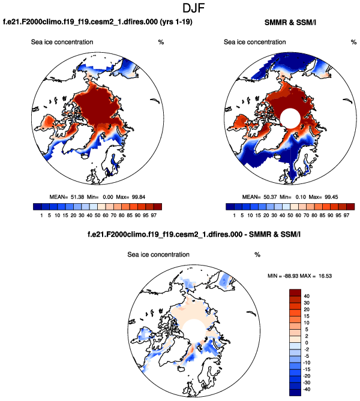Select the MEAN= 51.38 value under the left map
point(70,196)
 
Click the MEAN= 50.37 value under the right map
point(263,196)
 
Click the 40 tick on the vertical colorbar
point(313,296)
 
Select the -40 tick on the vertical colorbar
point(314,390)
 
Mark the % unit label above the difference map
point(257,255)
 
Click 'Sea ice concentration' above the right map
point(254,42)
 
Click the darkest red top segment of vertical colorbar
point(298,292)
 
